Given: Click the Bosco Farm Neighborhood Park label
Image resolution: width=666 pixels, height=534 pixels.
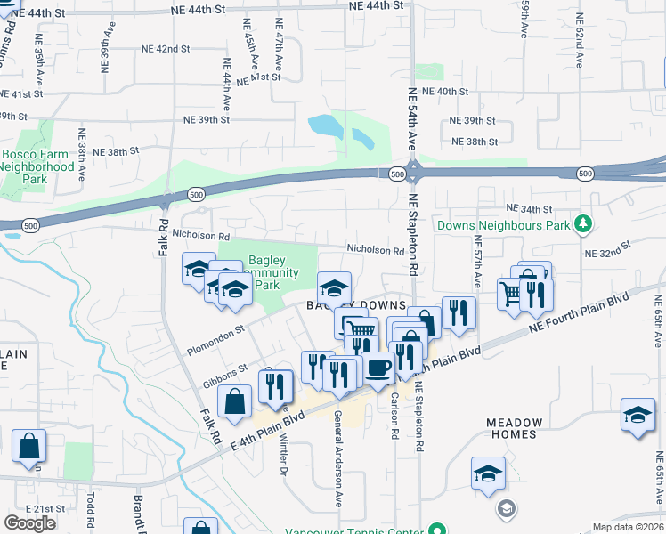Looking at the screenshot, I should (x=37, y=166).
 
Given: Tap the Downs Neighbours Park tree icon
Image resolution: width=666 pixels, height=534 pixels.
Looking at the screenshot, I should (x=582, y=222).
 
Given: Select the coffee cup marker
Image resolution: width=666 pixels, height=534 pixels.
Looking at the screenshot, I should (x=378, y=367).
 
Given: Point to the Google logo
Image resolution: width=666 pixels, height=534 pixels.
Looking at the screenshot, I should (x=29, y=523).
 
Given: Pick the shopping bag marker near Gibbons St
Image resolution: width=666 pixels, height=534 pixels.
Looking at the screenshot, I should (x=234, y=401).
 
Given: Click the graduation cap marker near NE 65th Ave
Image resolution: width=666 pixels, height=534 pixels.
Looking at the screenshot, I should (x=638, y=416).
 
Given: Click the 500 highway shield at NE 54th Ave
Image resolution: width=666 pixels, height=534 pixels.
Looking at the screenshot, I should (x=395, y=174).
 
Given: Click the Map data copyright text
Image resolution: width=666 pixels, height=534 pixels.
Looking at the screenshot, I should (x=629, y=527).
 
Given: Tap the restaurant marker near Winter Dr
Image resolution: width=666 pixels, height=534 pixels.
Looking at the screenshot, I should (x=275, y=385).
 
